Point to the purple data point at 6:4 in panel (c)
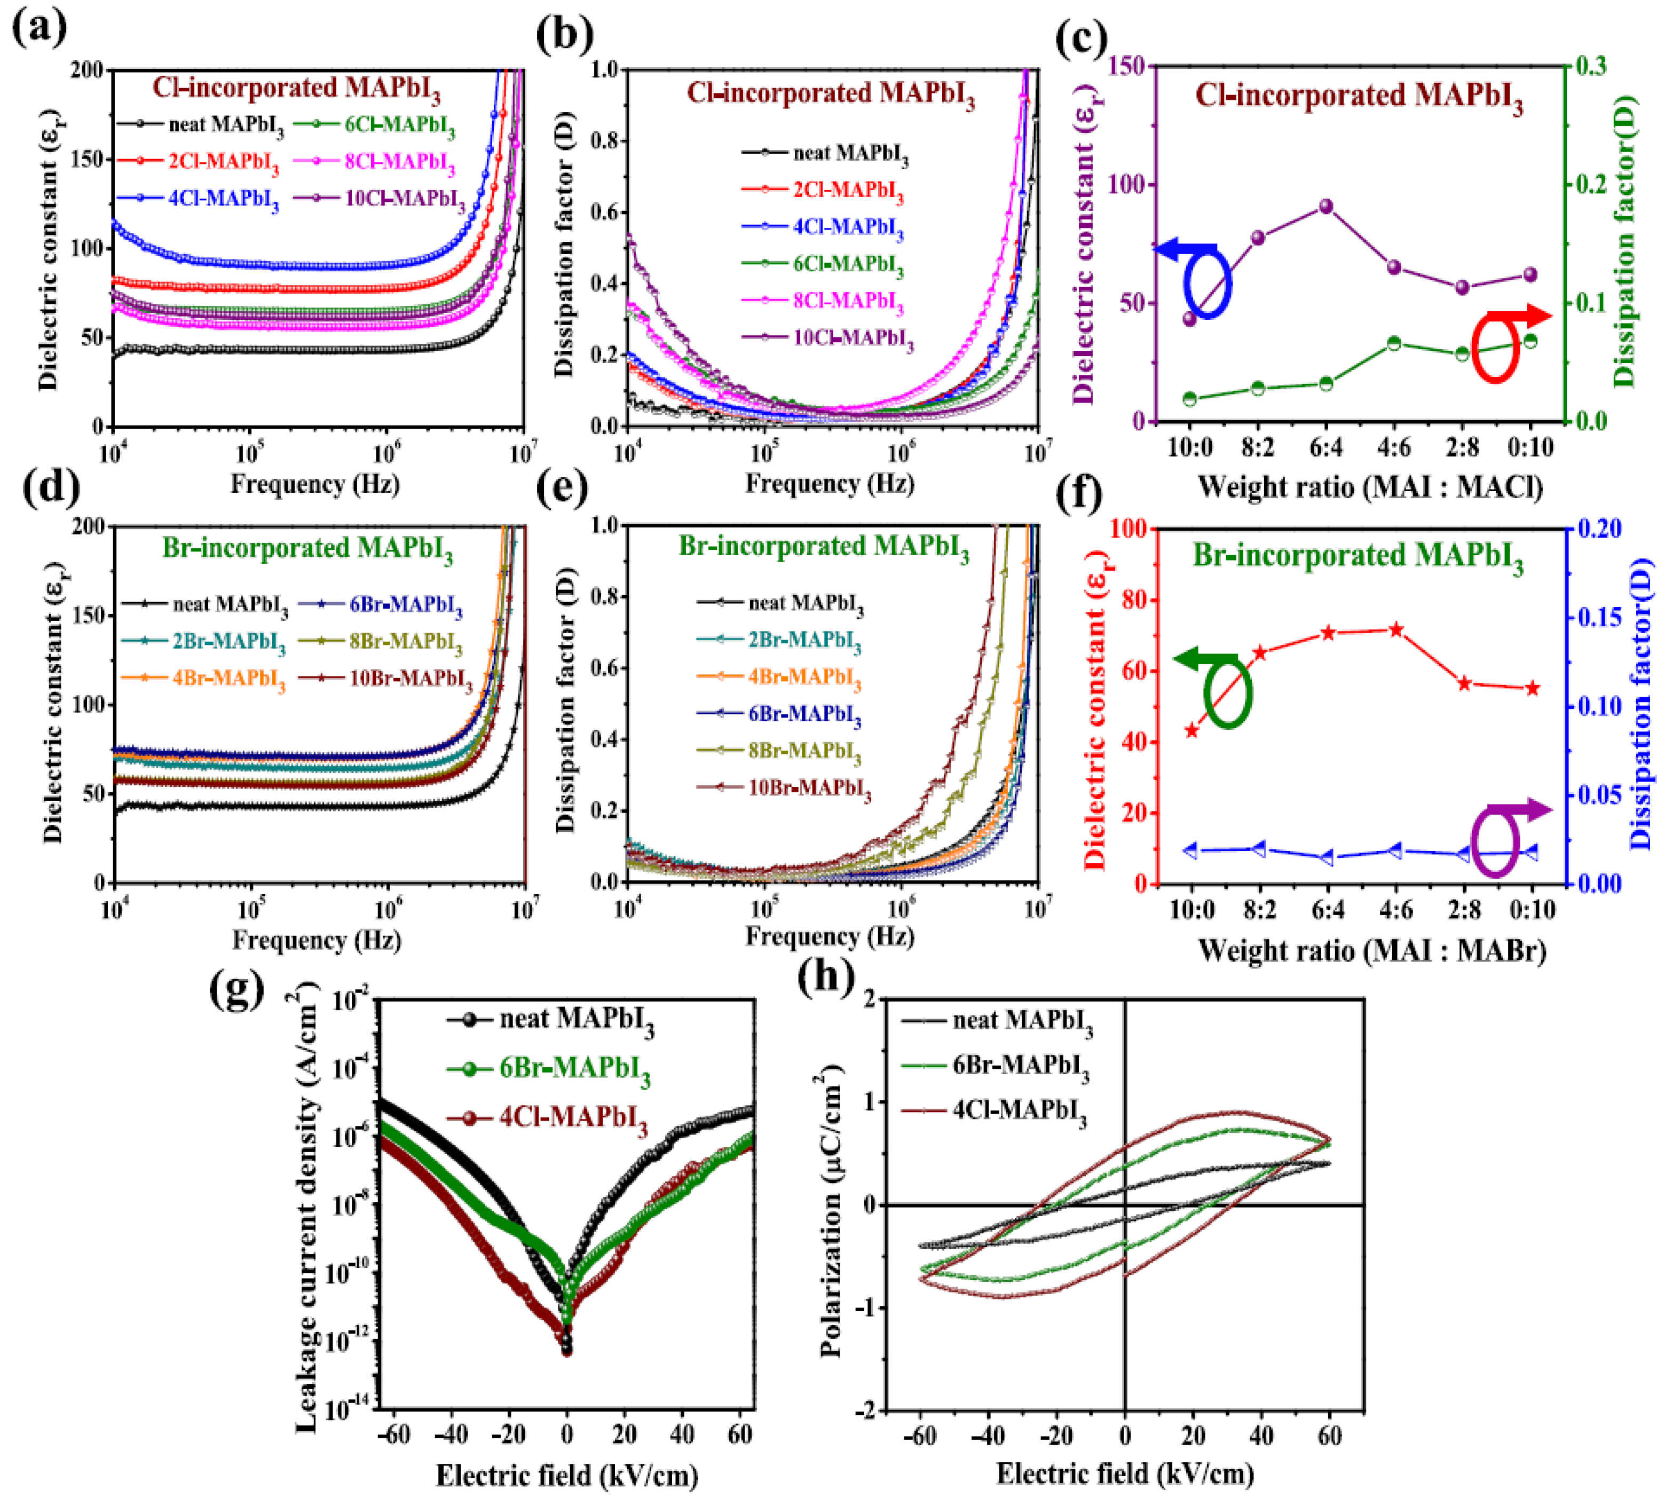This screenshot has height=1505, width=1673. coord(1325,206)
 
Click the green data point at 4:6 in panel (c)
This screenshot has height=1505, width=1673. coord(1393,343)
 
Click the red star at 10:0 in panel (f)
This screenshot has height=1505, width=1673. coord(1191,730)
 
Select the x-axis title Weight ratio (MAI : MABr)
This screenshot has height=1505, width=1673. coord(1372,950)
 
